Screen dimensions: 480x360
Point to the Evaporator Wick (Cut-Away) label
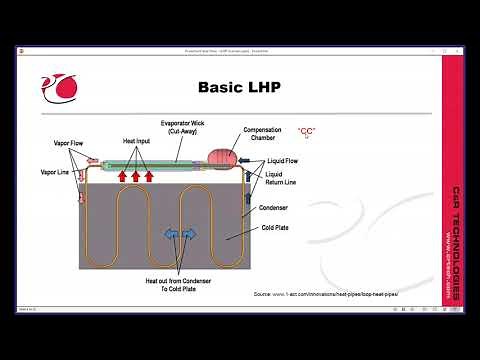pyautogui.click(x=182, y=128)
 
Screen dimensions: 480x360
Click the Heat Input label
pyautogui.click(x=137, y=143)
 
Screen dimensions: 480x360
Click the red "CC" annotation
pyautogui.click(x=307, y=132)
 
